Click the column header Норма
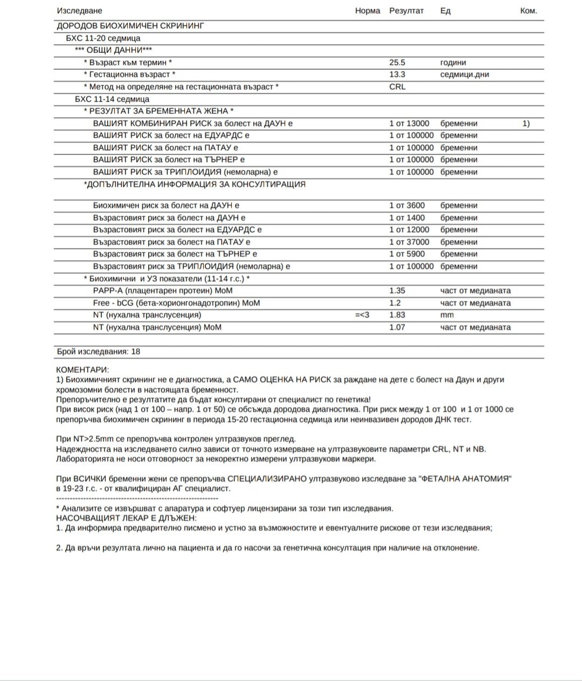click(x=368, y=11)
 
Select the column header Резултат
click(x=406, y=11)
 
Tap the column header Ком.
click(x=528, y=11)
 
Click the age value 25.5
click(x=397, y=63)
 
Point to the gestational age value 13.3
click(x=397, y=74)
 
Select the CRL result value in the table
click(x=397, y=87)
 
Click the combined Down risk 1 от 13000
click(x=409, y=123)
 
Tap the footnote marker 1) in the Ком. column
click(x=526, y=123)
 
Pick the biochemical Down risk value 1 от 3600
click(x=407, y=205)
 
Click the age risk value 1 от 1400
click(x=407, y=218)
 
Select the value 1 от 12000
click(x=409, y=230)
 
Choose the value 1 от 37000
click(x=409, y=242)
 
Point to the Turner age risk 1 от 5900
click(x=407, y=254)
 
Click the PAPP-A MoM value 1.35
click(x=397, y=291)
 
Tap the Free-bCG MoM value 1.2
click(x=395, y=303)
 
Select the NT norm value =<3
click(x=362, y=315)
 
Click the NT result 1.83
click(x=397, y=315)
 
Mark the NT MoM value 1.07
click(x=397, y=327)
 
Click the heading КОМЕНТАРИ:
click(x=82, y=370)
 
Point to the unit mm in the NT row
click(x=447, y=315)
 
